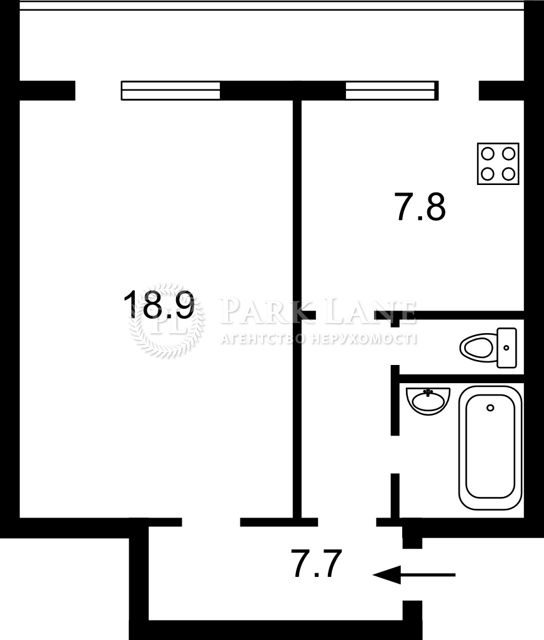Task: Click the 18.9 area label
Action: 159,304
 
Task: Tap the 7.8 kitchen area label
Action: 420,207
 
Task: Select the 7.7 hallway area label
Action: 317,564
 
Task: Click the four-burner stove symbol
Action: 498,164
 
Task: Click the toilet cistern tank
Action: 507,347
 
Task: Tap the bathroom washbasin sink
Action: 428,401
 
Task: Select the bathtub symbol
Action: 490,447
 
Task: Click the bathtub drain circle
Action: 490,407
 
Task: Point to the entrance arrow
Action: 414,575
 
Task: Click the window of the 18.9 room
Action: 171,91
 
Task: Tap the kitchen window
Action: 392,91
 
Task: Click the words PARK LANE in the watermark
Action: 318,311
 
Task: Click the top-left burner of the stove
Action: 488,154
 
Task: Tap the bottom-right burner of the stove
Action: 508,174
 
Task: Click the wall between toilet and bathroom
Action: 461,378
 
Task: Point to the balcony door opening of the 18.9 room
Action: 98,91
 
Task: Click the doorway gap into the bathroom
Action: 395,454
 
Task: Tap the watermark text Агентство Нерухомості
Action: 319,339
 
